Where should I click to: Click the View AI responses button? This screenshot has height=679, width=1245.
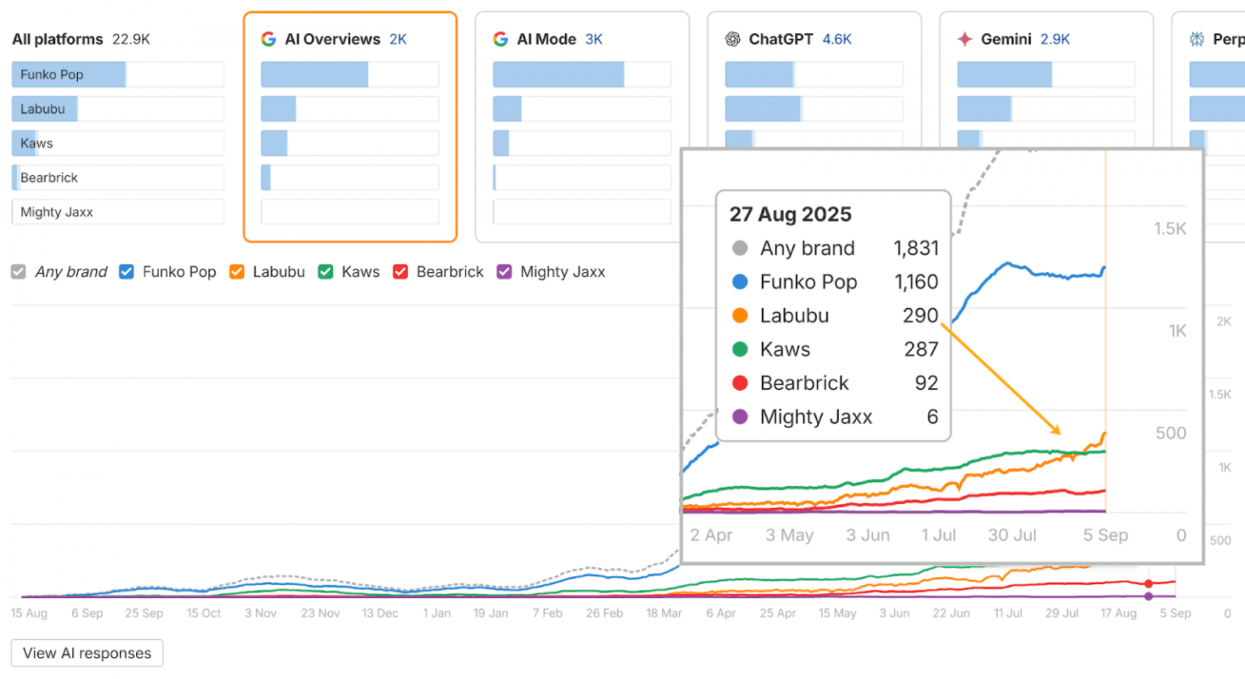pos(87,653)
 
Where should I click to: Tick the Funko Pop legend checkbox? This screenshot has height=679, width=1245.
pos(126,272)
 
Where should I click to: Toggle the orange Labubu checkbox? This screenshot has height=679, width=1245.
pos(237,272)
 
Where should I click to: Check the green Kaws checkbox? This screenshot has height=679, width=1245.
pos(326,272)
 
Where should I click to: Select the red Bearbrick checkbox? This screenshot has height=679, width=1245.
pos(400,272)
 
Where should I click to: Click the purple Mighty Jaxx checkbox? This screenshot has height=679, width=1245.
pos(504,272)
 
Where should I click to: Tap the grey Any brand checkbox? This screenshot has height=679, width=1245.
pos(19,272)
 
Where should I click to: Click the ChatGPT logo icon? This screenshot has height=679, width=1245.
pos(733,39)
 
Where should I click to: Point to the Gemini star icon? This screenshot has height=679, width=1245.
pos(965,39)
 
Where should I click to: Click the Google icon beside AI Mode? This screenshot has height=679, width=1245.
pos(501,39)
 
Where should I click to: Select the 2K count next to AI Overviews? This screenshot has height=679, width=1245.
pos(398,39)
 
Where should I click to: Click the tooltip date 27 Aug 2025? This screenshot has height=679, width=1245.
pos(790,214)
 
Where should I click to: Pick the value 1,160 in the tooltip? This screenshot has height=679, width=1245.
pos(916,282)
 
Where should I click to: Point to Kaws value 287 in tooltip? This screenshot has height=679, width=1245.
pos(921,349)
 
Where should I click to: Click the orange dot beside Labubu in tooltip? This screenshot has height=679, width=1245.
pos(740,316)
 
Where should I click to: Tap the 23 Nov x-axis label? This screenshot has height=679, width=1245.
pos(320,613)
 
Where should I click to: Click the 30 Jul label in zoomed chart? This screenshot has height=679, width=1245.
pos(1012,536)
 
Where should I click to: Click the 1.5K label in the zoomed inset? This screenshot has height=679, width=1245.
pos(1170,229)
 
